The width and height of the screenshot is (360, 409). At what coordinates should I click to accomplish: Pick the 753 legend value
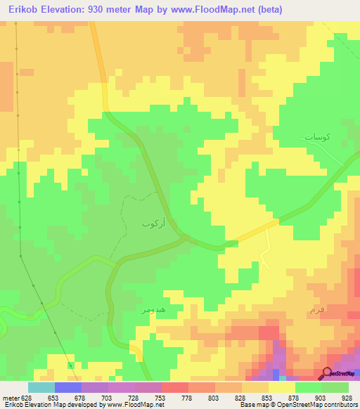point(161,398)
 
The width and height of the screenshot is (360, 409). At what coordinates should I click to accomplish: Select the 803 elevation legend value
point(214,398)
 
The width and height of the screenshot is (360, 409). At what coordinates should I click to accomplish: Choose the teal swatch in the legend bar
point(41,387)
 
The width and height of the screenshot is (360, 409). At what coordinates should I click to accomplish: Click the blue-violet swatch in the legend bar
point(68,387)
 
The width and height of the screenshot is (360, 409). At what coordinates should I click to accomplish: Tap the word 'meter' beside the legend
point(10,398)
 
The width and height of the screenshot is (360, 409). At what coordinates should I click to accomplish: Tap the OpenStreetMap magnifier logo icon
point(327,372)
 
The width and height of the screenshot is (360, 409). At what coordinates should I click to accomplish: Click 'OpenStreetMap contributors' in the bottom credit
point(323,405)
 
